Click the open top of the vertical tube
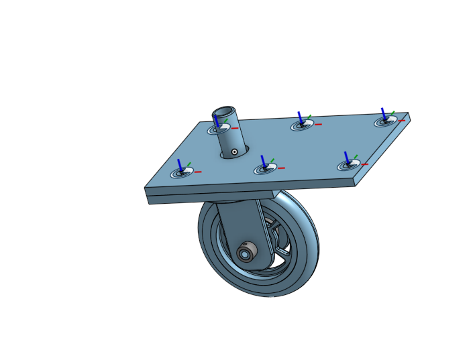225,111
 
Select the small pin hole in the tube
234,152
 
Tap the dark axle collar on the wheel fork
246,253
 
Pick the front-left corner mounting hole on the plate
181,173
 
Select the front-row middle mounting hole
265,169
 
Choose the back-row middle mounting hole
301,125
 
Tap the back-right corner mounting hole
385,121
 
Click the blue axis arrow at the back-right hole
383,114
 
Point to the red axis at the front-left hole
199,172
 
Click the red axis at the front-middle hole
282,168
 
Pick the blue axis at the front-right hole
346,158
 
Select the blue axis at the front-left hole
180,165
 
